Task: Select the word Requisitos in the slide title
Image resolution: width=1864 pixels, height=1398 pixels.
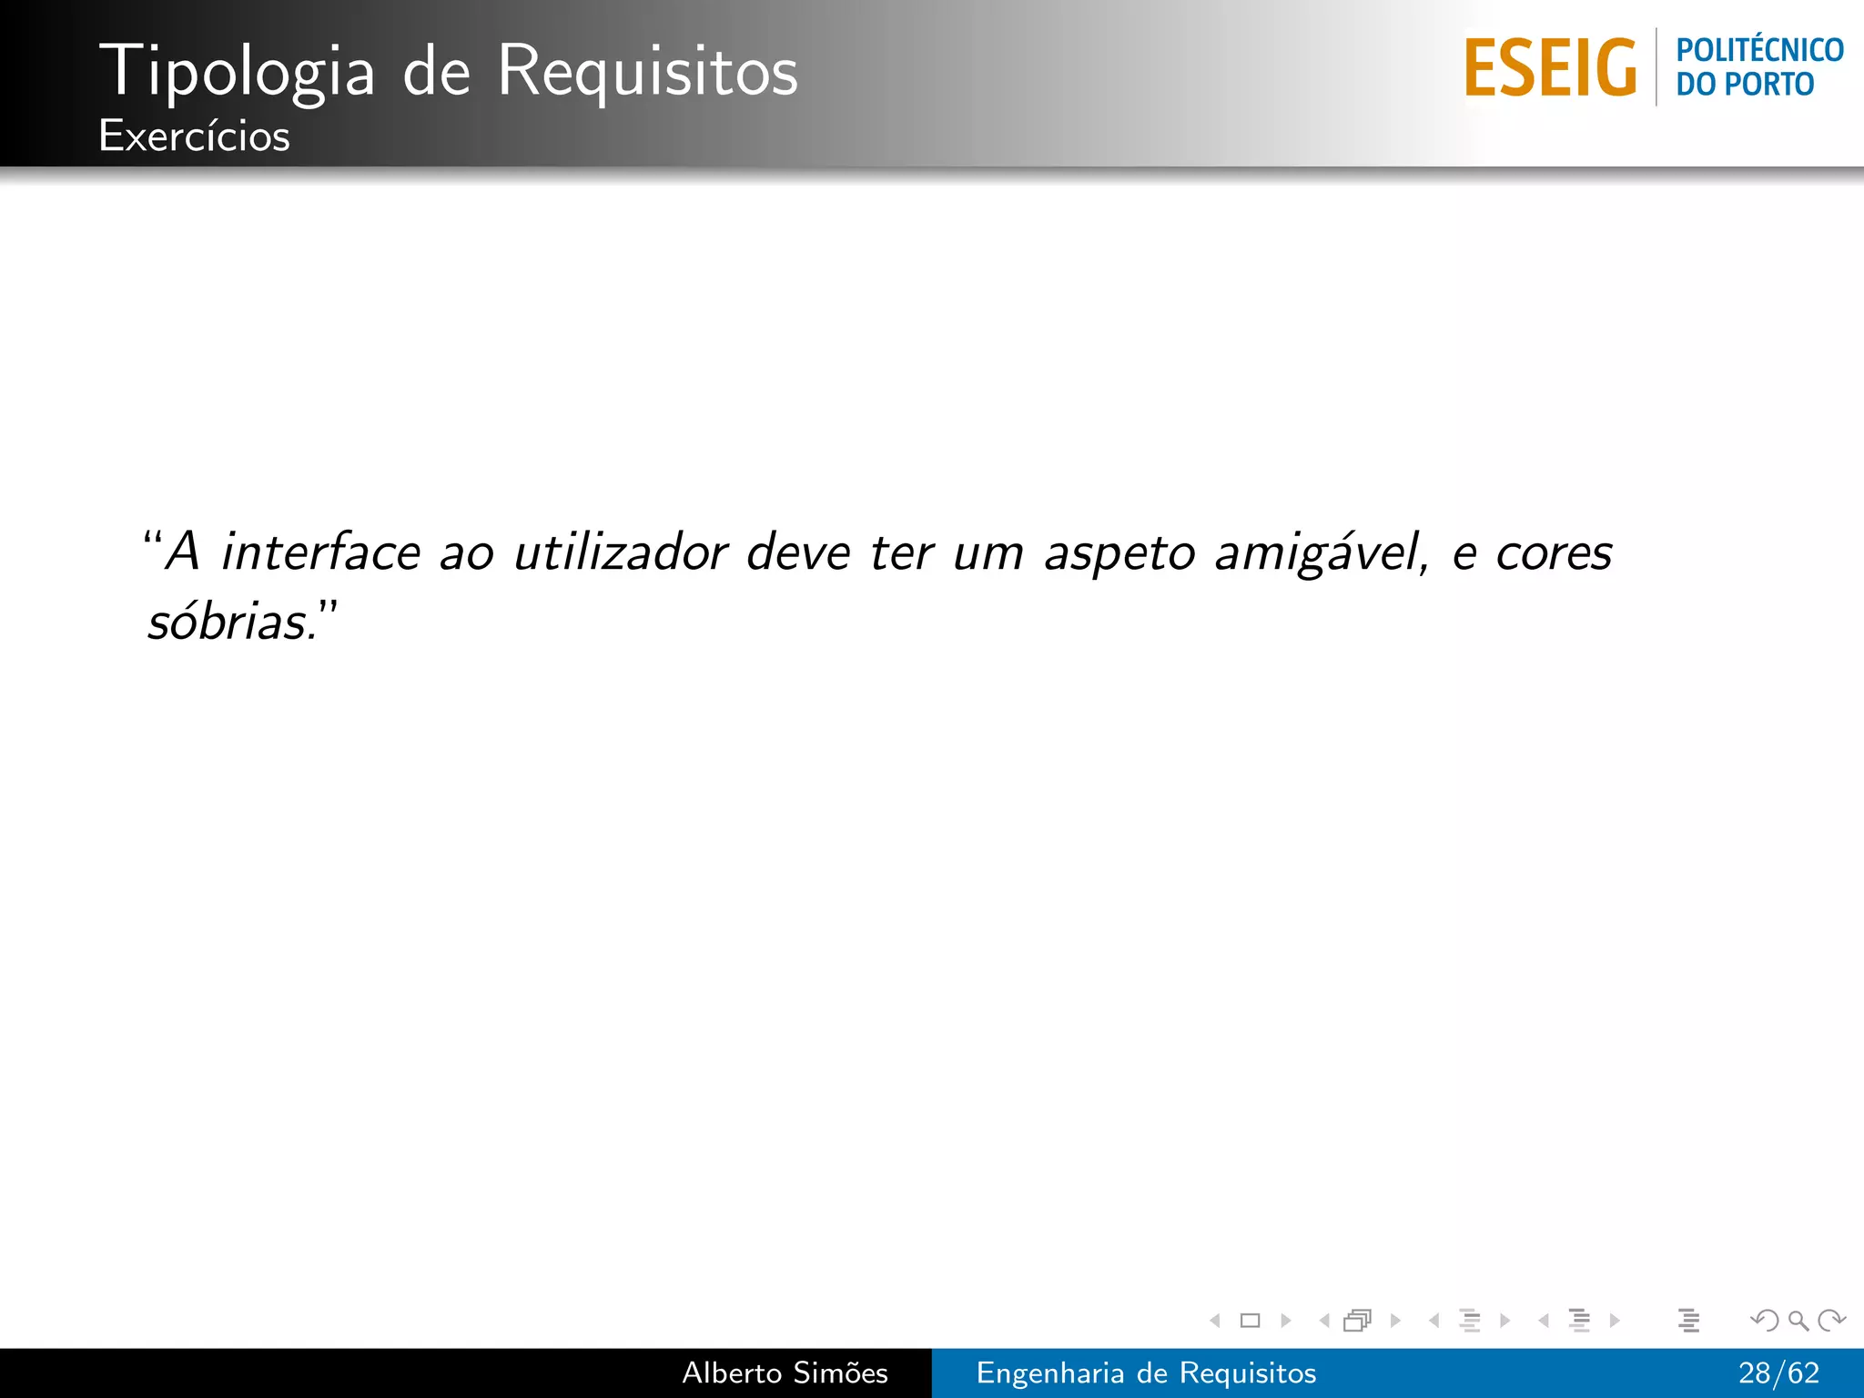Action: point(647,71)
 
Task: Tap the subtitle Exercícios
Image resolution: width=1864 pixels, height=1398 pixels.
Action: point(194,137)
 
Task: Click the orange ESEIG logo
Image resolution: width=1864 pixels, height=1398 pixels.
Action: point(1550,68)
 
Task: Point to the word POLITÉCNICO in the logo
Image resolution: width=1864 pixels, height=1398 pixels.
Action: point(1759,49)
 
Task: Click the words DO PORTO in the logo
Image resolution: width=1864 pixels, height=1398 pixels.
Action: point(1745,85)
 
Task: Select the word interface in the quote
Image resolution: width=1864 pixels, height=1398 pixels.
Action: point(320,552)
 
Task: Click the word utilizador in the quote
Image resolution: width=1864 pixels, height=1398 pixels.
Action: point(621,552)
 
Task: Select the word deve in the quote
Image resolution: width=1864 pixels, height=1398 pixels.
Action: point(798,552)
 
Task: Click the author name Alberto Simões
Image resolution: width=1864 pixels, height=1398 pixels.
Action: point(785,1373)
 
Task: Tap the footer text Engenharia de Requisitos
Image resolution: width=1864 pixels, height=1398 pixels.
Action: point(1146,1373)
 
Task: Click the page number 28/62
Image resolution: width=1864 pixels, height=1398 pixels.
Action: point(1778,1373)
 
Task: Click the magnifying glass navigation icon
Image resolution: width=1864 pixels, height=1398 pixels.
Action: point(1798,1320)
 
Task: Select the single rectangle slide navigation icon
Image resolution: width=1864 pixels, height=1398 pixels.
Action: point(1250,1321)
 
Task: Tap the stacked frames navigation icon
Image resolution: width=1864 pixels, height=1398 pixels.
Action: point(1357,1321)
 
